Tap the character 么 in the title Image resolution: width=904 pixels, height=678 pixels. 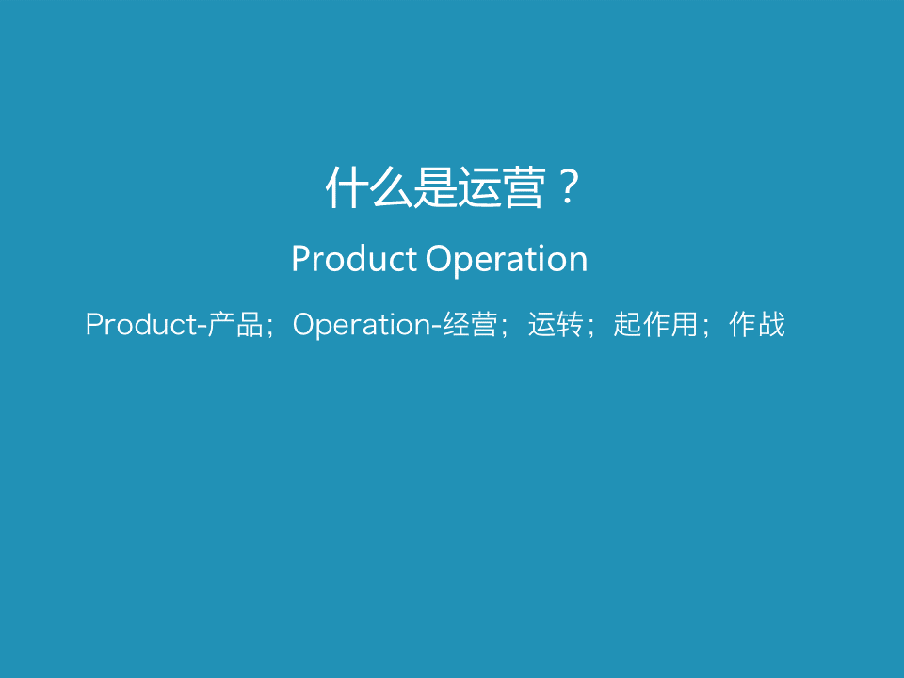pos(392,186)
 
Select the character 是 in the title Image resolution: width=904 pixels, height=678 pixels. pos(435,186)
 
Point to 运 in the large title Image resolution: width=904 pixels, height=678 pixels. pos(479,186)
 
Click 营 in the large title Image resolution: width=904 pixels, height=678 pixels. pos(523,186)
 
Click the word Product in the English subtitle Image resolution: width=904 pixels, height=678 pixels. pos(354,258)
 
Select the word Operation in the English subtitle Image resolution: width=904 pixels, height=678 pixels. pos(507,260)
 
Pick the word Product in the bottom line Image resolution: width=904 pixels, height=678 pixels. pos(142,324)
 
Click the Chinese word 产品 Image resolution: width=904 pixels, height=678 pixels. pos(235,324)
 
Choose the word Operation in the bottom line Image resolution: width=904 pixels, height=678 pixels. pos(362,325)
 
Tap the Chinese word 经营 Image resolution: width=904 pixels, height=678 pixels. pos(470,324)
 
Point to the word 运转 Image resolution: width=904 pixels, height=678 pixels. pos(556,324)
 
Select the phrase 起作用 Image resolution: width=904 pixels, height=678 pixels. pos(656,324)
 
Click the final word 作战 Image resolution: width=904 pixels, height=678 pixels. pos(757,324)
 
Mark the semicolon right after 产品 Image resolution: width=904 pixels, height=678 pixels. pos(270,328)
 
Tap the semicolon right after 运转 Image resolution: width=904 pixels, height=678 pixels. pos(590,328)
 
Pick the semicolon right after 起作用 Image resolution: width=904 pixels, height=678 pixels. pos(705,328)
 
